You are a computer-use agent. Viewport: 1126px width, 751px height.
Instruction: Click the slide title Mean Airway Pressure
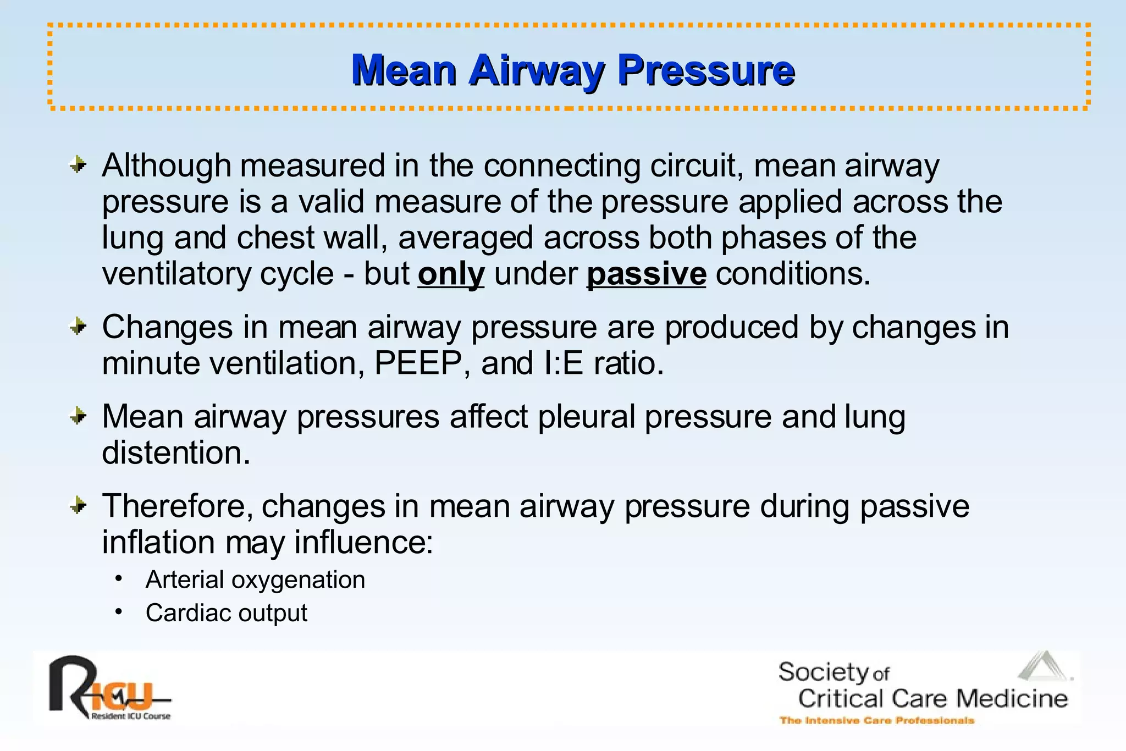tap(573, 70)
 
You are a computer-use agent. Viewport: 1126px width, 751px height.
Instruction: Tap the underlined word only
tap(451, 274)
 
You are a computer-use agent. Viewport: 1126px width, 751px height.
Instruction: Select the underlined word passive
tap(646, 274)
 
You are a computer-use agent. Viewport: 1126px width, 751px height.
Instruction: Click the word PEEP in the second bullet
tap(418, 363)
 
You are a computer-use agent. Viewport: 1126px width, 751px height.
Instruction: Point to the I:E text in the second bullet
tap(563, 363)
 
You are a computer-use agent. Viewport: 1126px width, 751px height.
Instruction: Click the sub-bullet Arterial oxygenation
tap(255, 580)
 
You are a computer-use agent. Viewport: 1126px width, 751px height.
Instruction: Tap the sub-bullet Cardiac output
tap(226, 613)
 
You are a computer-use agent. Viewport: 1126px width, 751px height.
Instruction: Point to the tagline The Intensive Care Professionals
tap(876, 720)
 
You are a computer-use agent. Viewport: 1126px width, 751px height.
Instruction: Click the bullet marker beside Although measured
tap(79, 164)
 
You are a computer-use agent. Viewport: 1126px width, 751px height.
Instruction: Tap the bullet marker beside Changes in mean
tap(79, 327)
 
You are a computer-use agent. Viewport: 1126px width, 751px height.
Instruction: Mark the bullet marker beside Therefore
tap(79, 505)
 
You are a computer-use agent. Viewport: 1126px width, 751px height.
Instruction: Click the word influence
tap(363, 542)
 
